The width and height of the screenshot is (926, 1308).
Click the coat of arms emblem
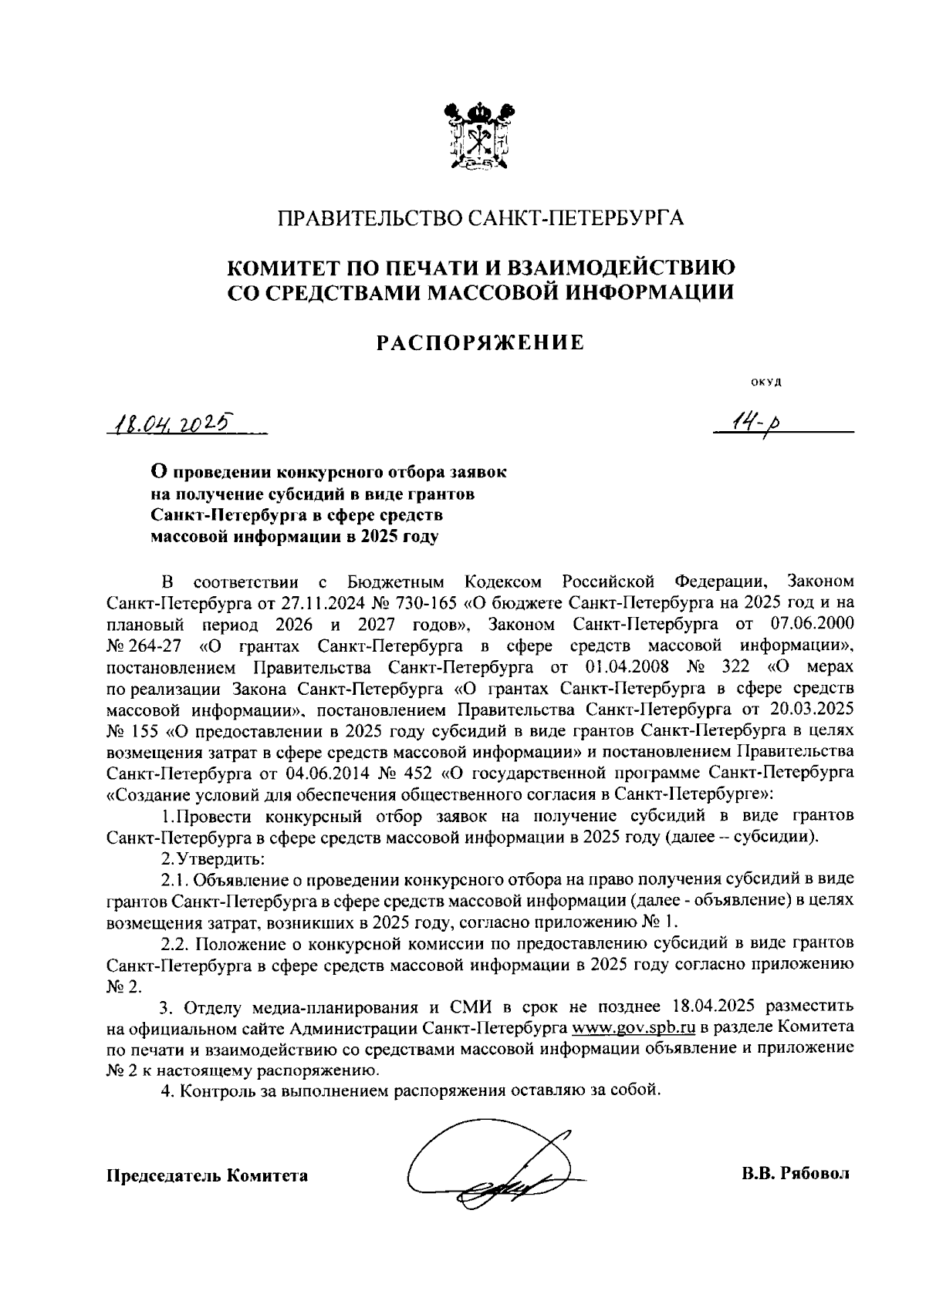click(x=481, y=137)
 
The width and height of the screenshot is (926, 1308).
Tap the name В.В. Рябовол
click(x=794, y=1174)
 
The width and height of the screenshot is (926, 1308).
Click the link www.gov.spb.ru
click(x=634, y=1028)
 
